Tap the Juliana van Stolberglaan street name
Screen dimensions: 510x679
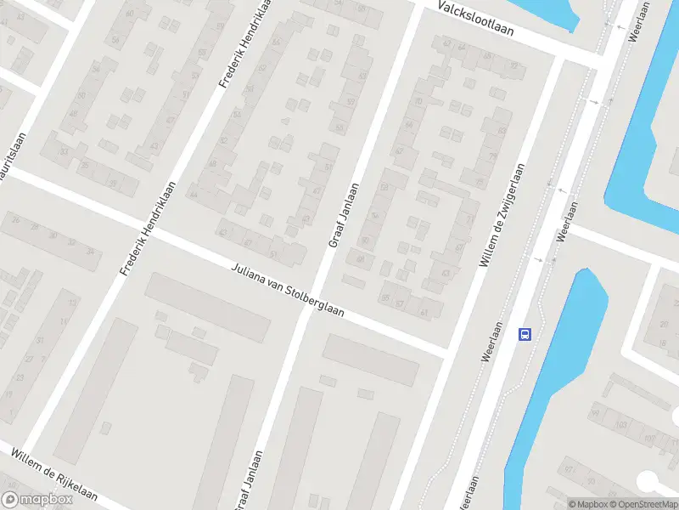(288, 291)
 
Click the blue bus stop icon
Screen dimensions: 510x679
(525, 334)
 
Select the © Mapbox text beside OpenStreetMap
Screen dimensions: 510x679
(587, 504)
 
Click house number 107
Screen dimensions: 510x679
(649, 439)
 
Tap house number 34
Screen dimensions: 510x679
(91, 251)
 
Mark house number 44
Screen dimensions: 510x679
(194, 195)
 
